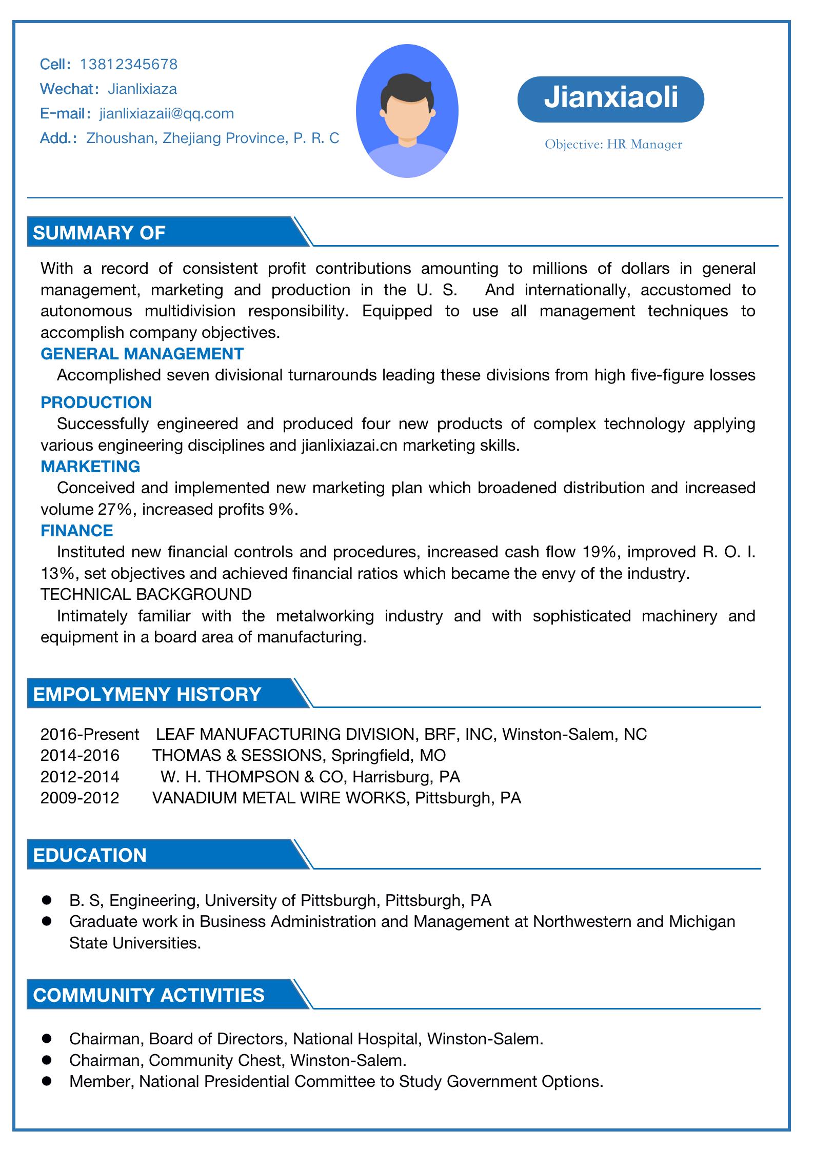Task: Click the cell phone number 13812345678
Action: [129, 64]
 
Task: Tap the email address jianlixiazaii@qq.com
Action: [166, 113]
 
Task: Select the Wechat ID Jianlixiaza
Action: [142, 89]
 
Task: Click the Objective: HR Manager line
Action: [613, 145]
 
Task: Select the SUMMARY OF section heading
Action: [99, 233]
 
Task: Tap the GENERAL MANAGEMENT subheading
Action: [142, 354]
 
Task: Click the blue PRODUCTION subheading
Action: [96, 402]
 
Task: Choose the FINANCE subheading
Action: [76, 530]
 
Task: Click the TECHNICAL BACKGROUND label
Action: [146, 594]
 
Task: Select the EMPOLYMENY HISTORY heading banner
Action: [147, 694]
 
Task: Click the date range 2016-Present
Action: [90, 734]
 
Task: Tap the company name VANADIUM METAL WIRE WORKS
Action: [279, 798]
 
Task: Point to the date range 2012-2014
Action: [80, 777]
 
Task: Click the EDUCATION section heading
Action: [90, 855]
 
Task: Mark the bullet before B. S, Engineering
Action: [47, 900]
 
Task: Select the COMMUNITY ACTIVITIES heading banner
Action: [149, 995]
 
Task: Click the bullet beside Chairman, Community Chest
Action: [47, 1060]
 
